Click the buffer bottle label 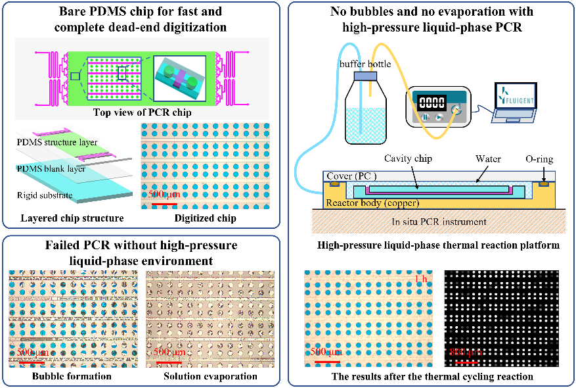pyautogui.click(x=365, y=64)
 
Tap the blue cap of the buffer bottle pyautogui.click(x=365, y=76)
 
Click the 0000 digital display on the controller pyautogui.click(x=432, y=102)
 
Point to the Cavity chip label pyautogui.click(x=408, y=158)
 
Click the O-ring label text pyautogui.click(x=539, y=159)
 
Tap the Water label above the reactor pyautogui.click(x=488, y=158)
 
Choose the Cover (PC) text pyautogui.click(x=351, y=176)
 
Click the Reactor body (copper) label pyautogui.click(x=372, y=203)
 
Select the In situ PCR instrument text pyautogui.click(x=439, y=222)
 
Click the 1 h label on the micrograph pyautogui.click(x=422, y=279)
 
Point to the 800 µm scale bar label pyautogui.click(x=466, y=352)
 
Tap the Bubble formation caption pyautogui.click(x=72, y=376)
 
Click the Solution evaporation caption pyautogui.click(x=210, y=376)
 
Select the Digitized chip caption pyautogui.click(x=206, y=218)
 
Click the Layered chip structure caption pyautogui.click(x=72, y=218)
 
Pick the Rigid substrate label pyautogui.click(x=45, y=195)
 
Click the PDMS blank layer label pyautogui.click(x=51, y=169)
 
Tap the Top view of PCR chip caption pyautogui.click(x=142, y=112)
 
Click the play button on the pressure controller pyautogui.click(x=439, y=117)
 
